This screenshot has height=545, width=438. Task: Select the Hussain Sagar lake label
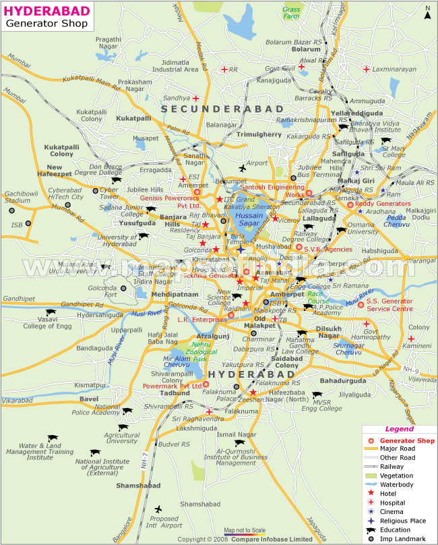(250, 219)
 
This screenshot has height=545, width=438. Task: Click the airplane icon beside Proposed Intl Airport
(158, 509)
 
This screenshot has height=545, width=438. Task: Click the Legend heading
(399, 429)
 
